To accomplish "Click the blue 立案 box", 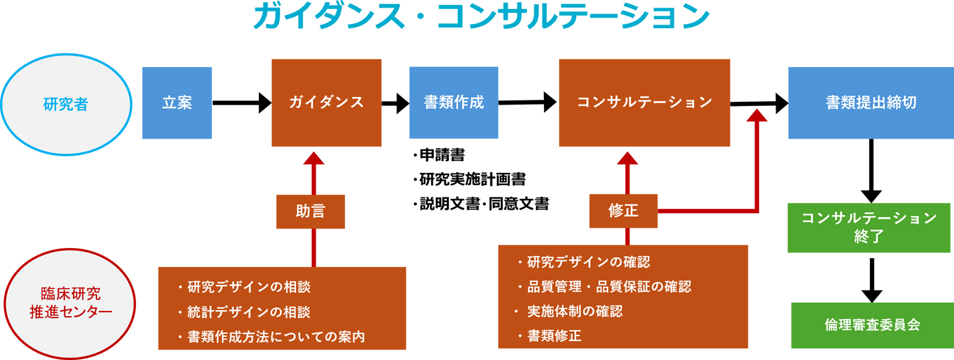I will point(177,102).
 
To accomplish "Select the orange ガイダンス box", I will point(326,102).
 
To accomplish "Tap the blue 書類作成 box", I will point(453,102).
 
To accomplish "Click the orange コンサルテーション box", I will point(644,102).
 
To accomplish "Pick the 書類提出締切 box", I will point(870,102).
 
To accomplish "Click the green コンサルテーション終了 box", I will point(870,227).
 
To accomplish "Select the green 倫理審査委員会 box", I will point(872,324).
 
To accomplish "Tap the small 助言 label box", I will point(310,211).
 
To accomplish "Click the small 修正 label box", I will point(623,211).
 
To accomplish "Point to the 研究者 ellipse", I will point(66,104).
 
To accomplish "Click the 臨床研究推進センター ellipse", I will point(66,303).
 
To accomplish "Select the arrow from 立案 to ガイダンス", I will point(242,103).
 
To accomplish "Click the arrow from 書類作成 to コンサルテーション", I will point(527,102).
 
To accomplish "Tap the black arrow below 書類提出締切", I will point(871,170).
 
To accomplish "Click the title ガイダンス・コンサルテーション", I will point(480,18).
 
